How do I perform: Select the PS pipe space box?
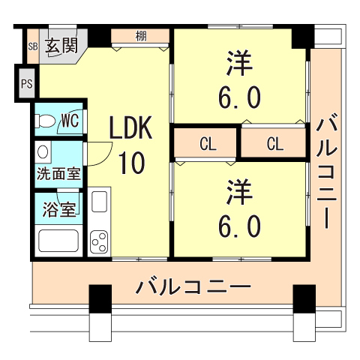(x=26, y=83)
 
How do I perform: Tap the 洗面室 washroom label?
(x=59, y=175)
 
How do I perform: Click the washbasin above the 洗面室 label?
(x=43, y=151)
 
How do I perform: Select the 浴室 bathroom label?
(x=58, y=208)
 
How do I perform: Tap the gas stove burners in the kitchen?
(x=99, y=242)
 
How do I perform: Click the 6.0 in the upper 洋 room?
(x=241, y=97)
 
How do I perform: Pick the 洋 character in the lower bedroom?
(x=241, y=192)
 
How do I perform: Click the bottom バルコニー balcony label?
(x=193, y=287)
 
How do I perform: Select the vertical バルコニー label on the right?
(x=327, y=172)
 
